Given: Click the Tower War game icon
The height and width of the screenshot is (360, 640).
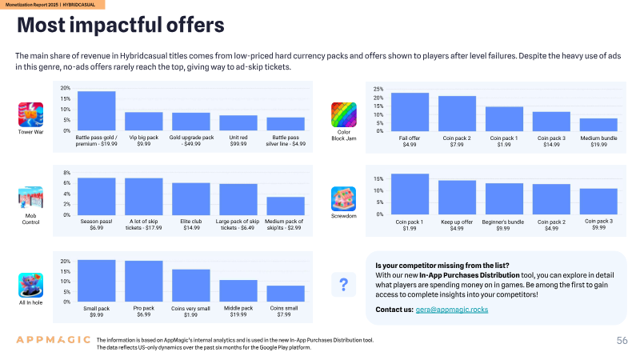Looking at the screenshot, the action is pyautogui.click(x=30, y=114).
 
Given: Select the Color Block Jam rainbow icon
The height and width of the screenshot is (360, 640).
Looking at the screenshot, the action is pyautogui.click(x=344, y=114).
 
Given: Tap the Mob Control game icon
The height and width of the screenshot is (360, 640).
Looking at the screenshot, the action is pyautogui.click(x=30, y=198).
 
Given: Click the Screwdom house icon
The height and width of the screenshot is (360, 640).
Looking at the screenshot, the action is pyautogui.click(x=344, y=198).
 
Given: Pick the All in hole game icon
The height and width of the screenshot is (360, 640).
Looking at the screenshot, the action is pyautogui.click(x=30, y=286).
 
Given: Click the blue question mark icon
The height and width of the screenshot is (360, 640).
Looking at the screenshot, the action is pyautogui.click(x=344, y=285).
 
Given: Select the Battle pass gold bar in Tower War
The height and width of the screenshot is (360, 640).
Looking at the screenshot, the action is pyautogui.click(x=96, y=111).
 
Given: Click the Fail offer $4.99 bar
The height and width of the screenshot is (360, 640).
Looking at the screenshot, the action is pyautogui.click(x=410, y=112).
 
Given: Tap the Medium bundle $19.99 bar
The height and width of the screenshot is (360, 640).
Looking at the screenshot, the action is pyautogui.click(x=598, y=125).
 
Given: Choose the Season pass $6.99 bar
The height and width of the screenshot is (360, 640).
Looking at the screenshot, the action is pyautogui.click(x=96, y=196).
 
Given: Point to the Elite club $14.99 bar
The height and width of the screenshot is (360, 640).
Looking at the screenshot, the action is pyautogui.click(x=191, y=198).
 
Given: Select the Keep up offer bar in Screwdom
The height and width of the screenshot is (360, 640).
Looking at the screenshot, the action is pyautogui.click(x=457, y=198).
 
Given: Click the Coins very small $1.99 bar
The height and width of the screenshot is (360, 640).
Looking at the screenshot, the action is pyautogui.click(x=191, y=286).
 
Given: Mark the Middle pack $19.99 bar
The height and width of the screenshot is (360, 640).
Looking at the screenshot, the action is pyautogui.click(x=238, y=291).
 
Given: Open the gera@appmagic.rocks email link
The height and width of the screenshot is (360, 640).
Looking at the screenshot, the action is pyautogui.click(x=452, y=310).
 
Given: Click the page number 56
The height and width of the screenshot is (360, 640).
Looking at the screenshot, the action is pyautogui.click(x=622, y=341).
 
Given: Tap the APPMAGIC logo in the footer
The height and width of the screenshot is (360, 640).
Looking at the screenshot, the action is pyautogui.click(x=54, y=339).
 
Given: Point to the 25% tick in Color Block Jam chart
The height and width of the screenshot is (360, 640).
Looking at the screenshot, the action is pyautogui.click(x=378, y=89).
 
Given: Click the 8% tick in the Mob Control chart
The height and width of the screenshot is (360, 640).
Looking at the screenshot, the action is pyautogui.click(x=67, y=173).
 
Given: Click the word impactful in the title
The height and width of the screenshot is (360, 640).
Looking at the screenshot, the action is pyautogui.click(x=116, y=25).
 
